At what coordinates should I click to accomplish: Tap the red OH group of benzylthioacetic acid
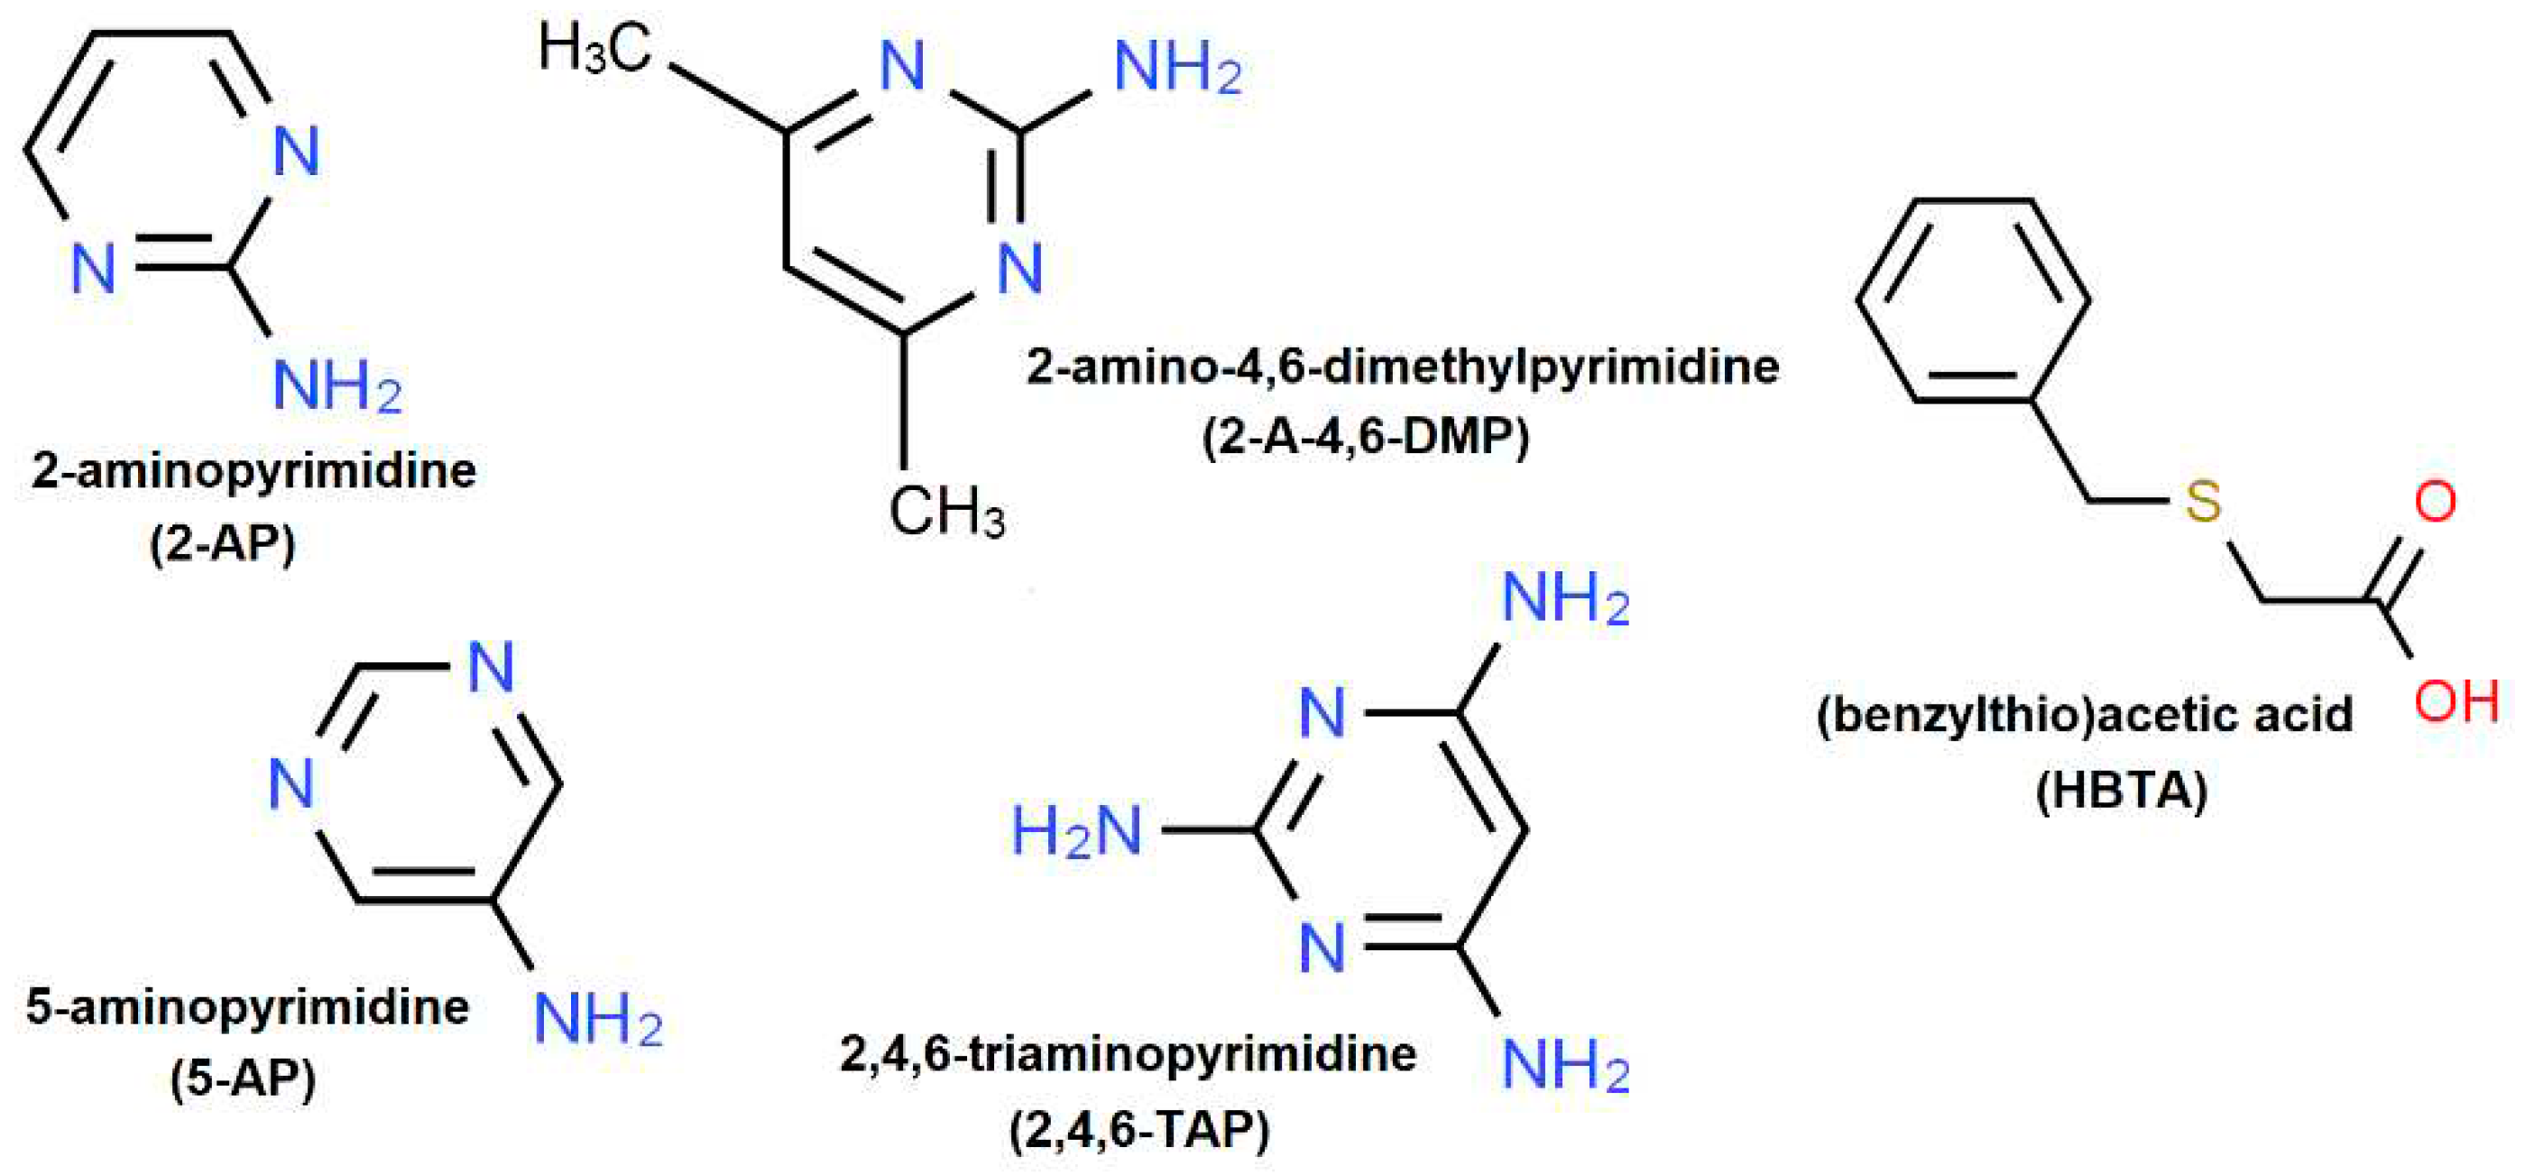[x=2455, y=700]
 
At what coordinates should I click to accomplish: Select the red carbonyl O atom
[x=2436, y=502]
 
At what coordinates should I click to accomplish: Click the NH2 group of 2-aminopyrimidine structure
[x=336, y=385]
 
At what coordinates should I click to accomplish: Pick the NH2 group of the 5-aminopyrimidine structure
[x=597, y=1019]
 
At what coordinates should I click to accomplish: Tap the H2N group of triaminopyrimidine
[x=1076, y=829]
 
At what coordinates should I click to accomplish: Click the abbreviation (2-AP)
[x=223, y=542]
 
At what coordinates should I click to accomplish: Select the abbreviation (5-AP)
[x=243, y=1078]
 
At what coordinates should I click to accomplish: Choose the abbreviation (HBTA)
[x=2121, y=790]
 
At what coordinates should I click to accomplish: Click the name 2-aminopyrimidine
[x=253, y=471]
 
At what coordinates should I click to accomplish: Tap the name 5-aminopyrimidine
[x=248, y=1007]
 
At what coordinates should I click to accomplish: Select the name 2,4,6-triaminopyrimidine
[x=1129, y=1055]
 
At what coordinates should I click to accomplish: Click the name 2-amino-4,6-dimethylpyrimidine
[x=1402, y=367]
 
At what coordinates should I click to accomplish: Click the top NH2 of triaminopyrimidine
[x=1565, y=598]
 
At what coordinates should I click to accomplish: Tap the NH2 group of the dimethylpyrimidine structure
[x=1176, y=69]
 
